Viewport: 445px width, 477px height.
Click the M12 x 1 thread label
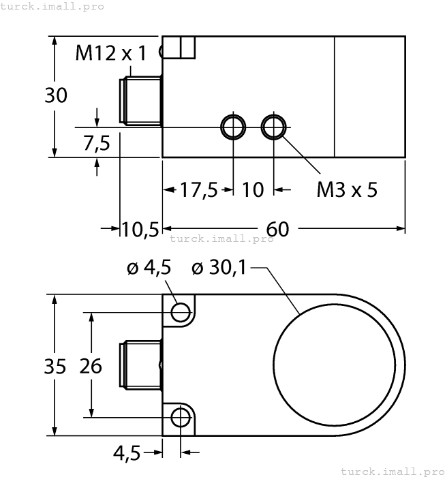pyautogui.click(x=110, y=53)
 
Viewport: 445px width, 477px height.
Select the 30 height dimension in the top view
pyautogui.click(x=56, y=96)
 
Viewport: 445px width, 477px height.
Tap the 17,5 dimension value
pyautogui.click(x=198, y=189)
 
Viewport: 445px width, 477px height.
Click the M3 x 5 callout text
pyautogui.click(x=346, y=189)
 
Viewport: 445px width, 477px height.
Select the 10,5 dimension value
pyautogui.click(x=140, y=230)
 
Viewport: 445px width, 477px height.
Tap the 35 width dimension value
pyautogui.click(x=56, y=366)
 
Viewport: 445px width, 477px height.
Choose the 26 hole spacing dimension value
pyautogui.click(x=90, y=366)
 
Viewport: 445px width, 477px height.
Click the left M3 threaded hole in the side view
pyautogui.click(x=233, y=127)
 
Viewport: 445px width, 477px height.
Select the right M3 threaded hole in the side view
pyautogui.click(x=275, y=127)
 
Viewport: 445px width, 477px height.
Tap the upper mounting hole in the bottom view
pyautogui.click(x=181, y=312)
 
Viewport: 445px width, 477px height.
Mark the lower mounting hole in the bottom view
pyautogui.click(x=181, y=416)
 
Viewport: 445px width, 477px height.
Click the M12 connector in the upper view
pyautogui.click(x=140, y=101)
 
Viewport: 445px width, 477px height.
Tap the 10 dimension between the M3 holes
pyautogui.click(x=253, y=189)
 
